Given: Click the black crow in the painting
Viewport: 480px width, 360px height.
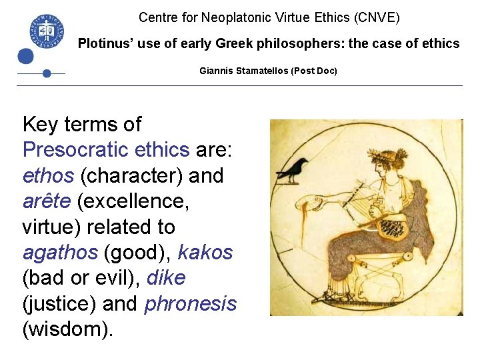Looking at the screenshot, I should (293, 171).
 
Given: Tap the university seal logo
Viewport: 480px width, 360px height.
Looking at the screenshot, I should (46, 29).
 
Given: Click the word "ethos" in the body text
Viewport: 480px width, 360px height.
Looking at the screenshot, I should (49, 176).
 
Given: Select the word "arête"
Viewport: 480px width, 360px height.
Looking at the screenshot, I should (49, 201).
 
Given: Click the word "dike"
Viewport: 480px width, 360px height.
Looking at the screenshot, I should (166, 278).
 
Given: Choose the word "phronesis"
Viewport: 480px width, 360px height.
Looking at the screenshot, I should (191, 304).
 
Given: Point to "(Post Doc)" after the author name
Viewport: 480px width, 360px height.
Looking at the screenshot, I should (314, 70).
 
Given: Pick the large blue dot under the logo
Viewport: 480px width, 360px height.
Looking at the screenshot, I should (26, 57).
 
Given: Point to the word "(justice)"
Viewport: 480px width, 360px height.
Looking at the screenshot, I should (60, 304).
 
